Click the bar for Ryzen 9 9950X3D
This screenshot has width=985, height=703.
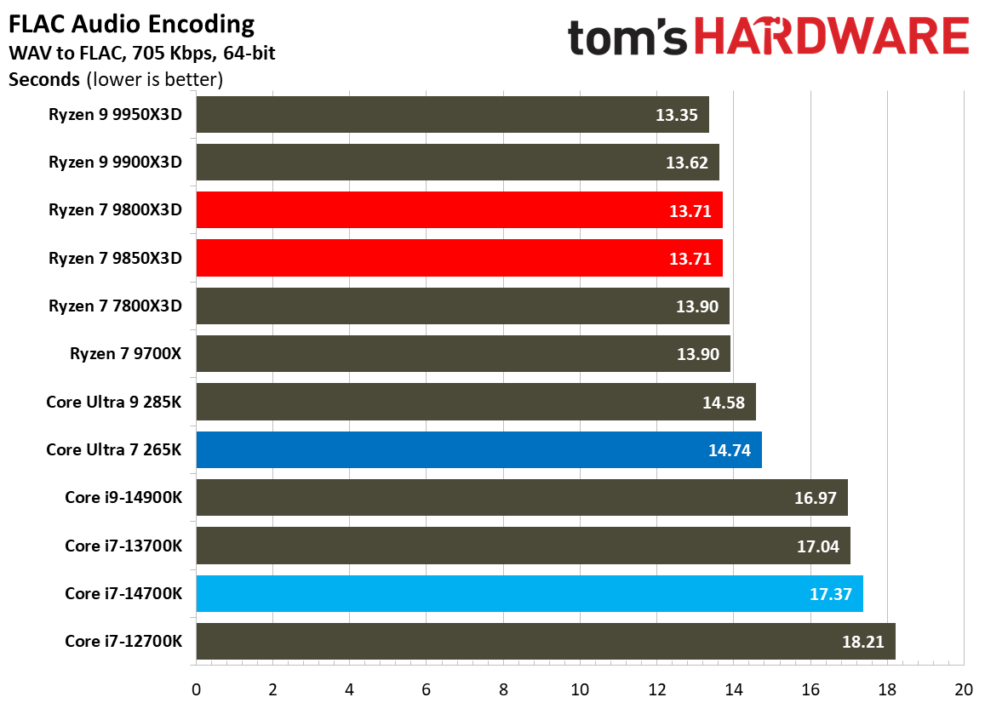tap(452, 114)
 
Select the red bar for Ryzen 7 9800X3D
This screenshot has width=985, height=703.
tap(459, 210)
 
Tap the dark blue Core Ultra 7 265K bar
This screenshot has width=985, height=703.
tap(478, 450)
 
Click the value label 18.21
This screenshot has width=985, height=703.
tap(862, 642)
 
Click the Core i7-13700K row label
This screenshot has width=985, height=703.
tap(123, 546)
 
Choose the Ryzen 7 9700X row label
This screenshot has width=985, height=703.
tap(126, 354)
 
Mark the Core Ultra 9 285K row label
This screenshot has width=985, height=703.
tap(114, 402)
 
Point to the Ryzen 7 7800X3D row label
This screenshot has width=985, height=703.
tap(115, 306)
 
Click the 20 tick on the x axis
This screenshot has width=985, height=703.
tap(964, 689)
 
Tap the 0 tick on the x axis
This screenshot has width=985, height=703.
tap(196, 689)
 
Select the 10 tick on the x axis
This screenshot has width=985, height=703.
tap(580, 689)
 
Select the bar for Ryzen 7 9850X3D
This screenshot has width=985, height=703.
tap(459, 258)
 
